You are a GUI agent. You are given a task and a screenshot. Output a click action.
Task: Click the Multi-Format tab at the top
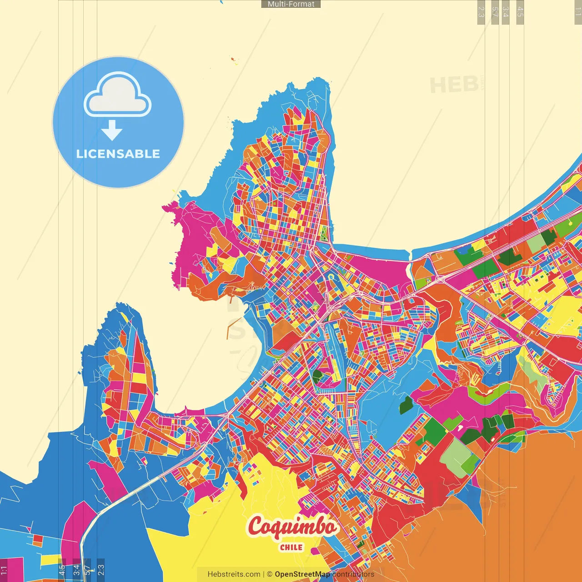pos(291,4)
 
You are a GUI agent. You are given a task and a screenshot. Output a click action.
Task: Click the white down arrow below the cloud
pos(112,130)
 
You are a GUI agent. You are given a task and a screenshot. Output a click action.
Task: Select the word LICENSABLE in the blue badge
pos(118,154)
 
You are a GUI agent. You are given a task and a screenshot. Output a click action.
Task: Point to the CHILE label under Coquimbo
pos(291,547)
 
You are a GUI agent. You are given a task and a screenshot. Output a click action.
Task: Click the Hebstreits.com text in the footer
pos(234,574)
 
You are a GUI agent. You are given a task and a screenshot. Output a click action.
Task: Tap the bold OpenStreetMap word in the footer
pos(302,574)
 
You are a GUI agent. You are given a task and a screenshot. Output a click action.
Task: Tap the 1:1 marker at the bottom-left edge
pos(4,570)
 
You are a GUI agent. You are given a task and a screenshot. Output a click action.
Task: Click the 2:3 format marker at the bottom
pos(101,570)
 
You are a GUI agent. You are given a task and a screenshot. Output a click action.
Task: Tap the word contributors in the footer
pos(353,574)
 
